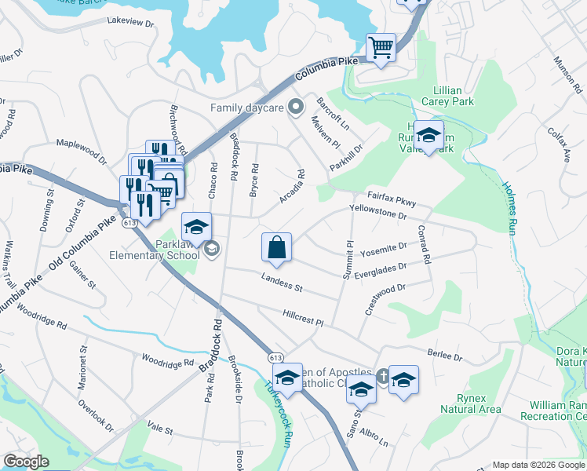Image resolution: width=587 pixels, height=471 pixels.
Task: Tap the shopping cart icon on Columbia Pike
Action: [x=381, y=48]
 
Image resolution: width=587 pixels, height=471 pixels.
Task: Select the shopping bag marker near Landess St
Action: [x=276, y=247]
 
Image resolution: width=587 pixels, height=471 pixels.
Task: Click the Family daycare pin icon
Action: [x=296, y=107]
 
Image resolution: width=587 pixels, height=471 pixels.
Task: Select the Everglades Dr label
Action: [x=381, y=266]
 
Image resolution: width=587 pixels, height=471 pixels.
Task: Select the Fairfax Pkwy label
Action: [x=392, y=199]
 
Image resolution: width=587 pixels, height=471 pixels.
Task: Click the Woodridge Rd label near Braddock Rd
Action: [x=167, y=362]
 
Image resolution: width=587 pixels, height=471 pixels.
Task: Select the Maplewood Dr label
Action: [x=81, y=150]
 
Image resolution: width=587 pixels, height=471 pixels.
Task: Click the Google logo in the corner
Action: [x=27, y=462]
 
